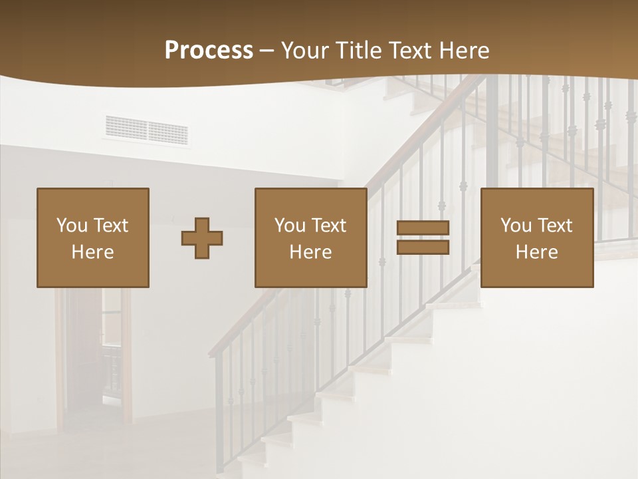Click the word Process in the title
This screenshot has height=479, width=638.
coord(209,51)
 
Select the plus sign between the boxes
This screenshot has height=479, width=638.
coord(202,238)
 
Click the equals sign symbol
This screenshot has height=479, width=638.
coord(423,238)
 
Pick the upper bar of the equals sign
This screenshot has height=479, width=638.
coord(423,228)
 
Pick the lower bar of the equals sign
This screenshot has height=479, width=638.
coord(423,247)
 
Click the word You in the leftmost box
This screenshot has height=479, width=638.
coord(72,226)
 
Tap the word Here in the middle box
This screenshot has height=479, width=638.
coord(311,252)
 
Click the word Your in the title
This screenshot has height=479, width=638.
coord(304,51)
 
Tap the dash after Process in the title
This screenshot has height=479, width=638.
coord(266,51)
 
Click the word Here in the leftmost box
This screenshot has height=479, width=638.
coord(93,252)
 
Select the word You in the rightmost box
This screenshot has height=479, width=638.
coord(516,226)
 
